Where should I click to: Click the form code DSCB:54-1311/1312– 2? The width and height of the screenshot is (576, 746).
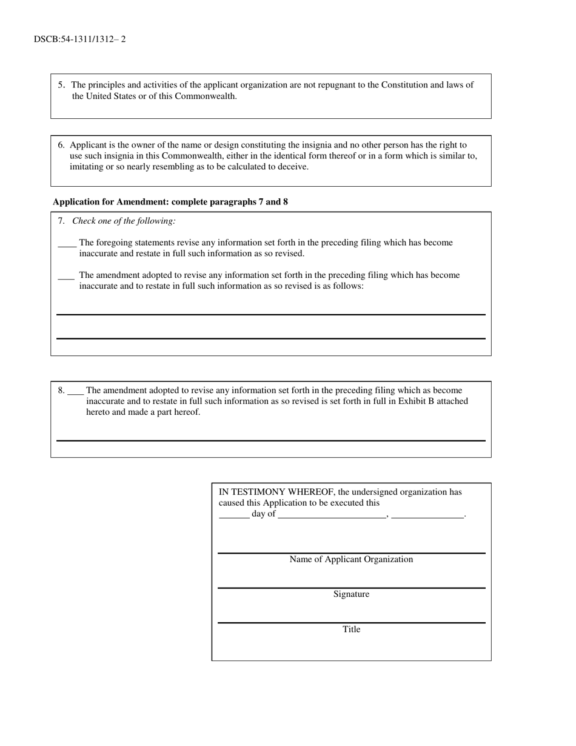point(80,39)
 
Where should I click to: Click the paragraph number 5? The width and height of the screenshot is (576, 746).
point(61,85)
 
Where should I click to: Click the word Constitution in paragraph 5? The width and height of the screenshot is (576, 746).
point(404,85)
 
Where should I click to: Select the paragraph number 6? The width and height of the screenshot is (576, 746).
point(61,145)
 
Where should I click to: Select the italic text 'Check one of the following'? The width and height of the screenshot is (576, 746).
point(124,221)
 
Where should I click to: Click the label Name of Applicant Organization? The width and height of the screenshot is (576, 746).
point(351,559)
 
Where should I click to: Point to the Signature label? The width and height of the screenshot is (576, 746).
point(351,594)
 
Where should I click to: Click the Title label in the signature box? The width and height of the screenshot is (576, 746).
point(351,630)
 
